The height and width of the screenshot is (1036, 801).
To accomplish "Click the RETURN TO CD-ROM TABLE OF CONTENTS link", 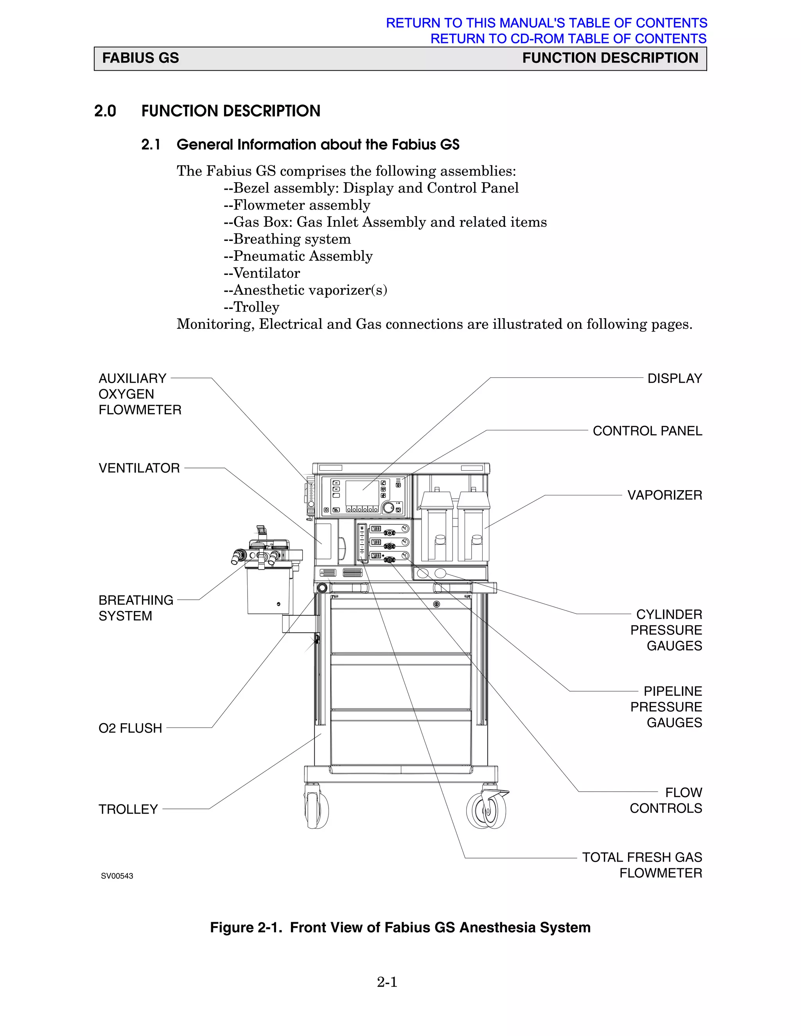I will coord(568,38).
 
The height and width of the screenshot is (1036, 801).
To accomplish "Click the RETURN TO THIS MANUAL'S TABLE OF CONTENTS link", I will coord(546,23).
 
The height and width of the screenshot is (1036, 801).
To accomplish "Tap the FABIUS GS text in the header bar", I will coord(140,58).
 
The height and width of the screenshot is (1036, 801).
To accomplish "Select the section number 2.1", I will coord(151,145).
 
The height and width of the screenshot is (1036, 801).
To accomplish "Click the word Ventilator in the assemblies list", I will coord(266,273).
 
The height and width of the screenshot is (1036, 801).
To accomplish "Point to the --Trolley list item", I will coord(251,307).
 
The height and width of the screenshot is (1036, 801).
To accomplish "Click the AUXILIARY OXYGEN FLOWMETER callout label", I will coord(140,394).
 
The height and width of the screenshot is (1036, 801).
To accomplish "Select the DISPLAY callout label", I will coord(674,378).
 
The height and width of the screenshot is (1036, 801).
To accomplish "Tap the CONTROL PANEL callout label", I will coord(647,431).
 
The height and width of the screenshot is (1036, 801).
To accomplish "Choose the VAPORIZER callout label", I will coord(665,495).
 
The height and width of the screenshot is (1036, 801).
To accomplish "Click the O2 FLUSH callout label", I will coord(130,728).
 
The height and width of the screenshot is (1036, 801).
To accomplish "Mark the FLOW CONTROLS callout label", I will coord(666,800).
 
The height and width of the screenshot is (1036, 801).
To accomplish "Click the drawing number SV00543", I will coord(117,876).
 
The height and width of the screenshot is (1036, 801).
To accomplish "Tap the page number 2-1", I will coord(387,982).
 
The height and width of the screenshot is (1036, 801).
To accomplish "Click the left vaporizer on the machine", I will coord(436,527).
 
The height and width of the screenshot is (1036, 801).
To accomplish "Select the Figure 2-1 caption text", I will coord(400,927).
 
